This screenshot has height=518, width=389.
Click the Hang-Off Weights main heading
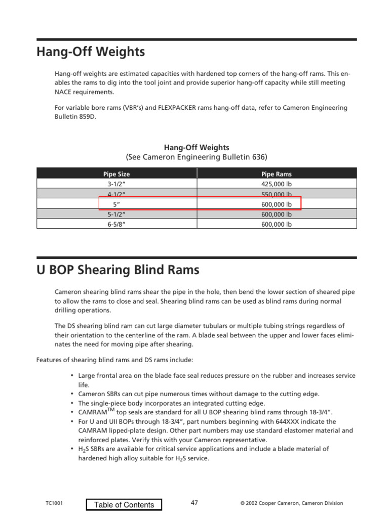(x=91, y=52)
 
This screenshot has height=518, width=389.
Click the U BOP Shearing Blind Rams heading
(x=118, y=270)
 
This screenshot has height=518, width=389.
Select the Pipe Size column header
(x=116, y=174)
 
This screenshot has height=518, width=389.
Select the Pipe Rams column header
(x=276, y=174)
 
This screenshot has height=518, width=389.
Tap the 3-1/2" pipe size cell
(x=116, y=184)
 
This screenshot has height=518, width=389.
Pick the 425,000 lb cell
(x=276, y=184)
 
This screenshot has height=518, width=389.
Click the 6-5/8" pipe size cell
(x=116, y=224)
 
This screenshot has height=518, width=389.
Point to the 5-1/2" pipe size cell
(x=116, y=214)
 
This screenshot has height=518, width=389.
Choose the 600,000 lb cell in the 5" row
(x=276, y=204)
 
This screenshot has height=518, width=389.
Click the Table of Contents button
(x=124, y=504)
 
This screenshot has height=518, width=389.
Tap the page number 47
(x=194, y=503)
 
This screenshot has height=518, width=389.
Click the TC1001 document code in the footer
(x=54, y=503)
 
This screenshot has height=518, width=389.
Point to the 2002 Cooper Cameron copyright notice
(x=291, y=503)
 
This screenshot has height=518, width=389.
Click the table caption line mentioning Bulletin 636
(x=197, y=157)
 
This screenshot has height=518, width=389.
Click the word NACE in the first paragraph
(x=63, y=93)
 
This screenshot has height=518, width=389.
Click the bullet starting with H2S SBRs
(x=203, y=449)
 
